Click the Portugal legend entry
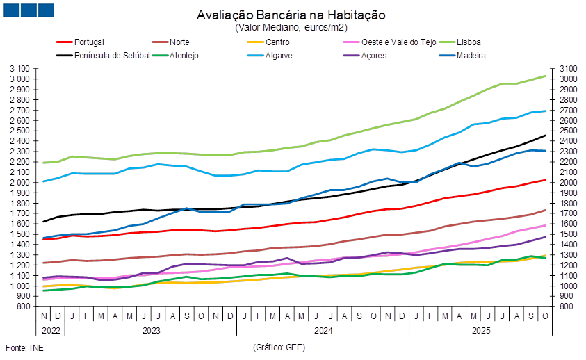point(88,42)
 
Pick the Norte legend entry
point(180,42)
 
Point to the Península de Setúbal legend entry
point(111,55)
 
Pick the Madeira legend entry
point(471,55)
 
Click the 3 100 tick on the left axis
point(21,69)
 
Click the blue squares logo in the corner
point(28,10)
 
